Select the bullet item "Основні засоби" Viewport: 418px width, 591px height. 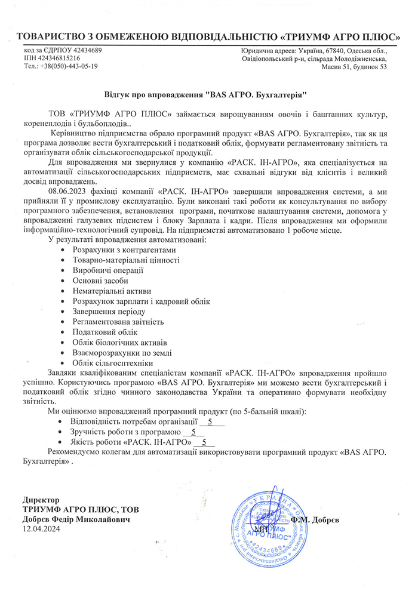click(x=100, y=281)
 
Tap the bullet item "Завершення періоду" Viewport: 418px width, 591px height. click(x=109, y=311)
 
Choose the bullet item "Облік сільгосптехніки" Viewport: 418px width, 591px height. click(x=112, y=362)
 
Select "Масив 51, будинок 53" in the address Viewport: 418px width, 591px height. click(x=354, y=67)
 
